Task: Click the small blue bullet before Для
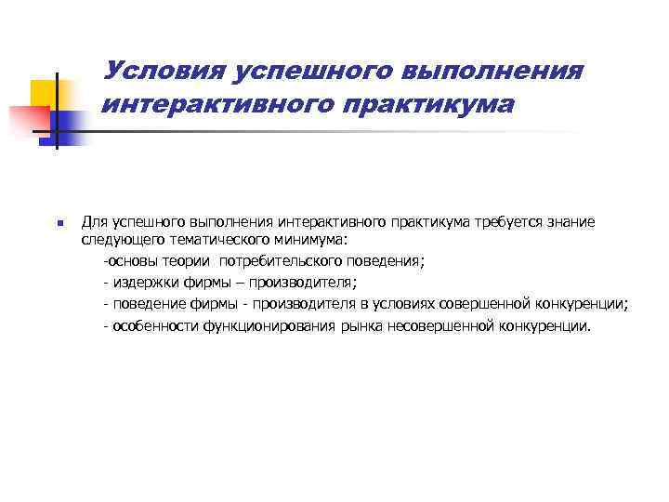click(x=58, y=224)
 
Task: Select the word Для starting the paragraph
click(x=94, y=222)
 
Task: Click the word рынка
click(x=363, y=326)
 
